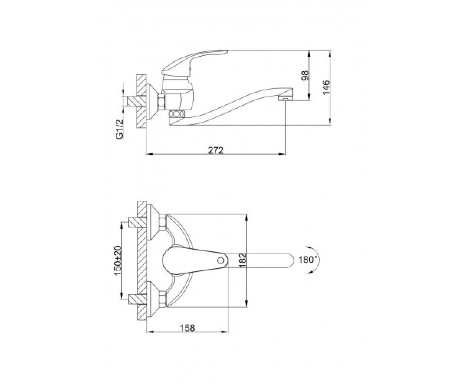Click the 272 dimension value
coord(216,151)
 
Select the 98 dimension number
coord(305,75)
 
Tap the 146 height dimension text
coord(326,87)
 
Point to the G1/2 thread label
coord(119,130)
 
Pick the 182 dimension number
coord(243,260)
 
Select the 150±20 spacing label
coord(118,260)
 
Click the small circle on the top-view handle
coord(220,260)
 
